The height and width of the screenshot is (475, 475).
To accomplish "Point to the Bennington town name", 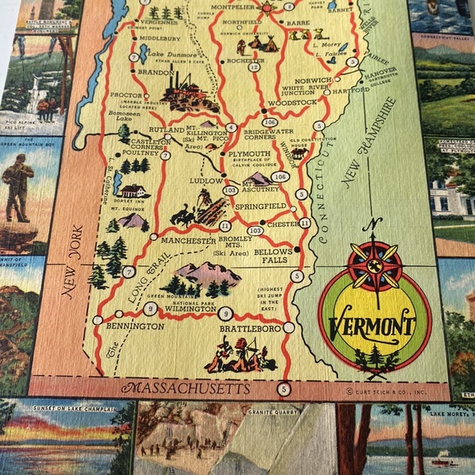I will tap(135, 326).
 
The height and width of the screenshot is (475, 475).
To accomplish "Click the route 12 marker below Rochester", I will tap(255, 66).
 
